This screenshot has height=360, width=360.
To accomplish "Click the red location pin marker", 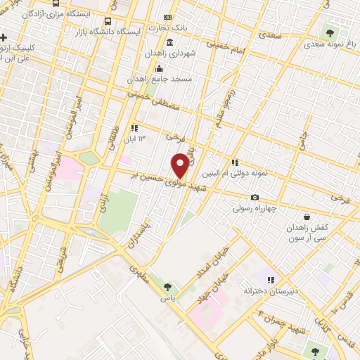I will click(x=180, y=165).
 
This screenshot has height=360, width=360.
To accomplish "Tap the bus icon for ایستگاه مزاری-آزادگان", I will click(x=56, y=4).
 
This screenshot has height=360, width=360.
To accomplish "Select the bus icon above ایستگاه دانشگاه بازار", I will click(x=107, y=22).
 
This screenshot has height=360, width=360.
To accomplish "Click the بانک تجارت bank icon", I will click(x=167, y=18).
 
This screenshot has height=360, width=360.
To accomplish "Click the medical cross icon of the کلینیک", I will click(x=4, y=37).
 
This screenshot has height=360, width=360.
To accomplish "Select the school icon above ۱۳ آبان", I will click(x=134, y=129).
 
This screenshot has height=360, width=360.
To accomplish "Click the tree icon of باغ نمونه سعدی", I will click(x=328, y=32).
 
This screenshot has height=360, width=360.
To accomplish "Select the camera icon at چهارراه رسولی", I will click(x=255, y=198).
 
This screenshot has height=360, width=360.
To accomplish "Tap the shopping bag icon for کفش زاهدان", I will click(x=306, y=217).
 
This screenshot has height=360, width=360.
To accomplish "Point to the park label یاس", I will click(x=167, y=298).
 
